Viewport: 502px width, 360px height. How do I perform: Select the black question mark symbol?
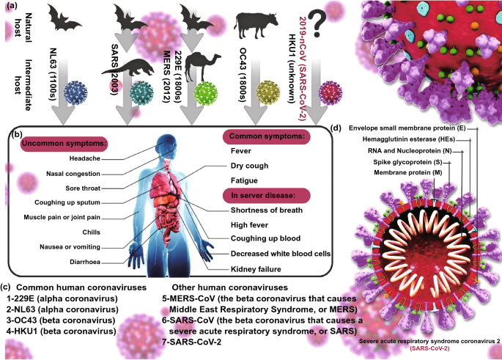click(317, 23)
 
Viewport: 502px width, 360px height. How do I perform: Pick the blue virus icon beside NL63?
click(76, 93)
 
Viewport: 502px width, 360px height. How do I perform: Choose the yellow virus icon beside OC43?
click(268, 93)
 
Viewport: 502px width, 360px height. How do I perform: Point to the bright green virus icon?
click(205, 94)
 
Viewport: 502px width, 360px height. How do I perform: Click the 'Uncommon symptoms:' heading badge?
click(64, 144)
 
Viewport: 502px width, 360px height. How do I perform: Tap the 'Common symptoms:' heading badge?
click(266, 136)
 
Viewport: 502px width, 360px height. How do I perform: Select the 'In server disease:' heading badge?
click(266, 195)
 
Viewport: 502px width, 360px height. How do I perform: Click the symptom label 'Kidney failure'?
click(256, 269)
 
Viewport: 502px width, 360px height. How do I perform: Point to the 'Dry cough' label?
click(249, 166)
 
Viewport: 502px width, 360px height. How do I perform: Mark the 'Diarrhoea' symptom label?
click(85, 262)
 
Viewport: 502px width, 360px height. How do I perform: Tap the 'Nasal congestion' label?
click(73, 174)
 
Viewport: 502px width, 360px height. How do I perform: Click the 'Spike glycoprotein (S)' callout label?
click(407, 162)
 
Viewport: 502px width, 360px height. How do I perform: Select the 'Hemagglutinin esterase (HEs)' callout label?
click(408, 139)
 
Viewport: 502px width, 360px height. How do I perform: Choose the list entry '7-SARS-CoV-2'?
click(191, 342)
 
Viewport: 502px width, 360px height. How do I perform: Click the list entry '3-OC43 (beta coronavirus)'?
click(61, 320)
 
